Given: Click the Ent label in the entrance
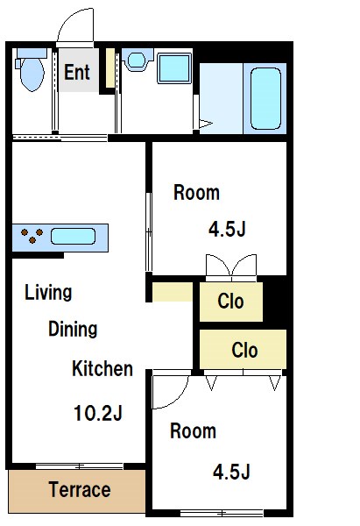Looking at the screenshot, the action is coord(77,72).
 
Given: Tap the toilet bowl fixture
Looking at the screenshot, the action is coord(32,71).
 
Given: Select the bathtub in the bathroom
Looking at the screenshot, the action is coord(265,98).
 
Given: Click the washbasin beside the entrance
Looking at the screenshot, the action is coord(137,60).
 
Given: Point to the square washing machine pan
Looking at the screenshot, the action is coord(174,68).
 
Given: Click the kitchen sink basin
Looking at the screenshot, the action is coord(73,236).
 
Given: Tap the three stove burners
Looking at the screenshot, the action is coord(32,235).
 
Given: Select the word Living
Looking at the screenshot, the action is coord(48,293).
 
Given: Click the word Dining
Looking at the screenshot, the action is coord(73,329).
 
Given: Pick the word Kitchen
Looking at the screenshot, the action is coord(102,368).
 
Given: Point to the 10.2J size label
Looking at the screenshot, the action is coord(98,413).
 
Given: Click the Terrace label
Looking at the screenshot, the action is coord(80,489).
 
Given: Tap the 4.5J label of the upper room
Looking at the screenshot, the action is coord(227,230).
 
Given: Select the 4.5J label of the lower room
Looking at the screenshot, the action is coord(231,472).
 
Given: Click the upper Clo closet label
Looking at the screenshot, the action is coord(230,301).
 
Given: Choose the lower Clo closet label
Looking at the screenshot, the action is coord(244,350).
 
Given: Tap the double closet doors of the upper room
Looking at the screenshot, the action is coord(231,267).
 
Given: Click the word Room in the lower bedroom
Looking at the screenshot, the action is coord(193,430).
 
